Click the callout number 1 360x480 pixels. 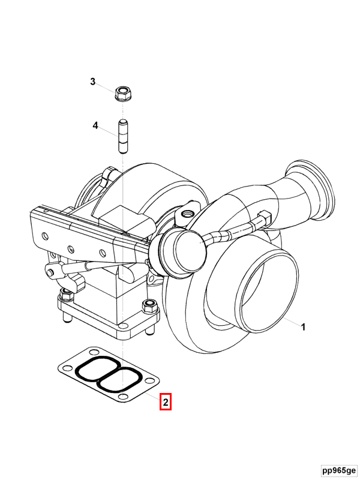click(x=303, y=327)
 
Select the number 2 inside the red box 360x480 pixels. click(x=166, y=402)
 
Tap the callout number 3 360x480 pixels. click(x=93, y=82)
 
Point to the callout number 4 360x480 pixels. click(x=95, y=125)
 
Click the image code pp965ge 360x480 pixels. click(x=338, y=470)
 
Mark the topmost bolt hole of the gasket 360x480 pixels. click(x=94, y=349)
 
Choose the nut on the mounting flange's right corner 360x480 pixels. click(x=148, y=307)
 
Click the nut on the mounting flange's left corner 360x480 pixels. click(x=65, y=294)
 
